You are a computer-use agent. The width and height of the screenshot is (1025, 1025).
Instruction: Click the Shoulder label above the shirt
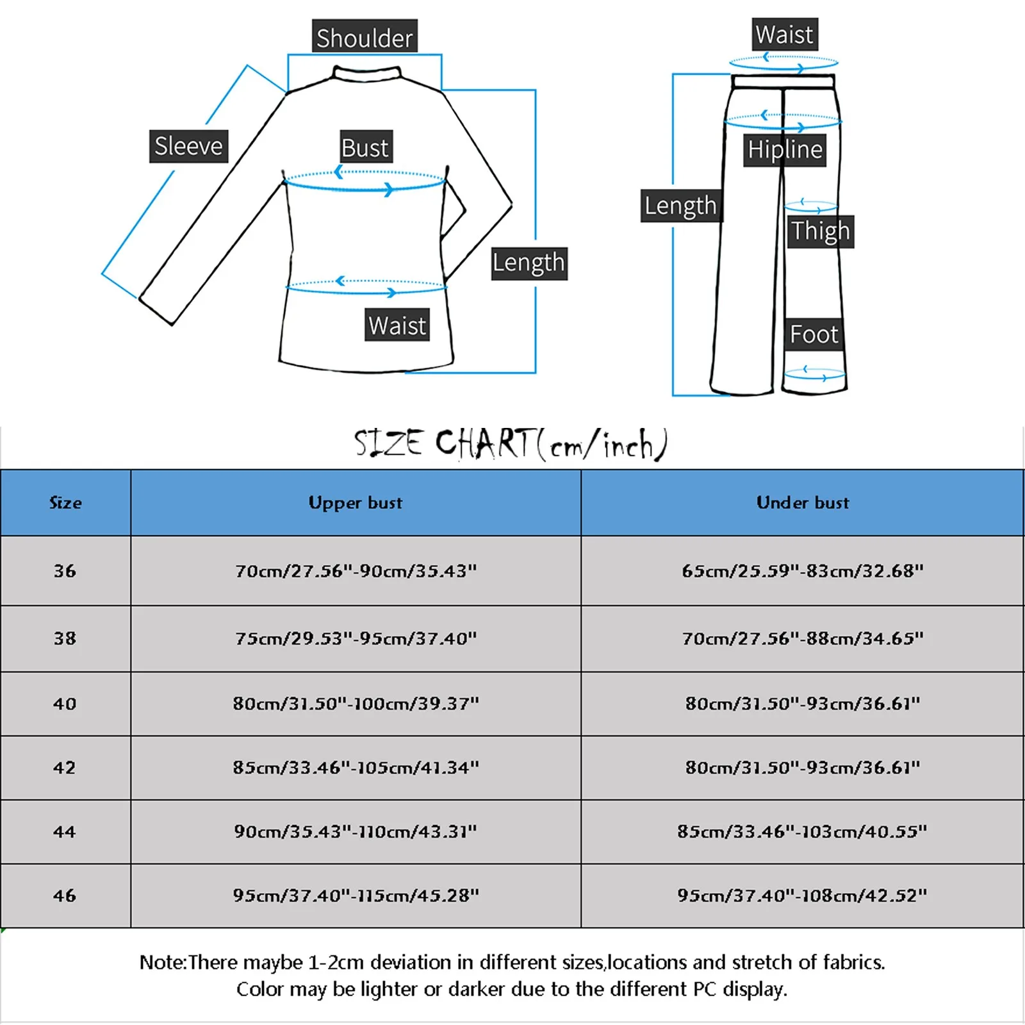365,38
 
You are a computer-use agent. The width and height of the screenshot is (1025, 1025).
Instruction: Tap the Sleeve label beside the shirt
188,146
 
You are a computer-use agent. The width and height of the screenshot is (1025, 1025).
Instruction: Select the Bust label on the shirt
365,148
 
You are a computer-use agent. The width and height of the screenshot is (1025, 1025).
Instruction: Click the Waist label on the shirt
397,325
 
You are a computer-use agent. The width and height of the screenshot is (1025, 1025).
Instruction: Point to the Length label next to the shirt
529,263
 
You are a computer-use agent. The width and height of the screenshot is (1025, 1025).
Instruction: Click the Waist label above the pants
784,35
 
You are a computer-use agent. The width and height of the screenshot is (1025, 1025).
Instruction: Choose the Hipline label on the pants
785,150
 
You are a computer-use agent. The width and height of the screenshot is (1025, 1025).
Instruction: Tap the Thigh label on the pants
820,231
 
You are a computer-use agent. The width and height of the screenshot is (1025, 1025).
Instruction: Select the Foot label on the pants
814,334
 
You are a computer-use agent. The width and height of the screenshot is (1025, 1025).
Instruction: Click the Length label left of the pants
680,206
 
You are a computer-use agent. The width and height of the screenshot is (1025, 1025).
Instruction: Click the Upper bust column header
356,503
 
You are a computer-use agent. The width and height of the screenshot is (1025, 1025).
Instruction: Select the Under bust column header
802,503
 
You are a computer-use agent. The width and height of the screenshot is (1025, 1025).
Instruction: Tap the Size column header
65,503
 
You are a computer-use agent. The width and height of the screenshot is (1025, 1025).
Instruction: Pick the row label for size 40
65,704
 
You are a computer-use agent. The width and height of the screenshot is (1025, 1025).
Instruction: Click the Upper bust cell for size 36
356,571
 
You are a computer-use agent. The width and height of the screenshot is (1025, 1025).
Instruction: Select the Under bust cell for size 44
802,832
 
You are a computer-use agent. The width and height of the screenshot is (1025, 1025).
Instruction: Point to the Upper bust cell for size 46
356,896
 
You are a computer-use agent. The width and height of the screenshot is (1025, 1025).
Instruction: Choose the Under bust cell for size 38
802,638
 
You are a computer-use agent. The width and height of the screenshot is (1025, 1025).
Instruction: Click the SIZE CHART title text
511,444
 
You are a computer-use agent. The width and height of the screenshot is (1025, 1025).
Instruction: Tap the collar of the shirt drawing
367,73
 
